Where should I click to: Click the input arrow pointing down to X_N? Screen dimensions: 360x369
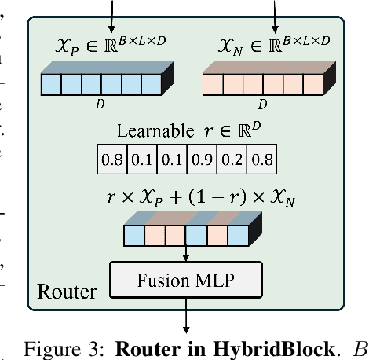tap(274, 12)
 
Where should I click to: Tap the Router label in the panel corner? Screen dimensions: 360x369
tap(67, 292)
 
